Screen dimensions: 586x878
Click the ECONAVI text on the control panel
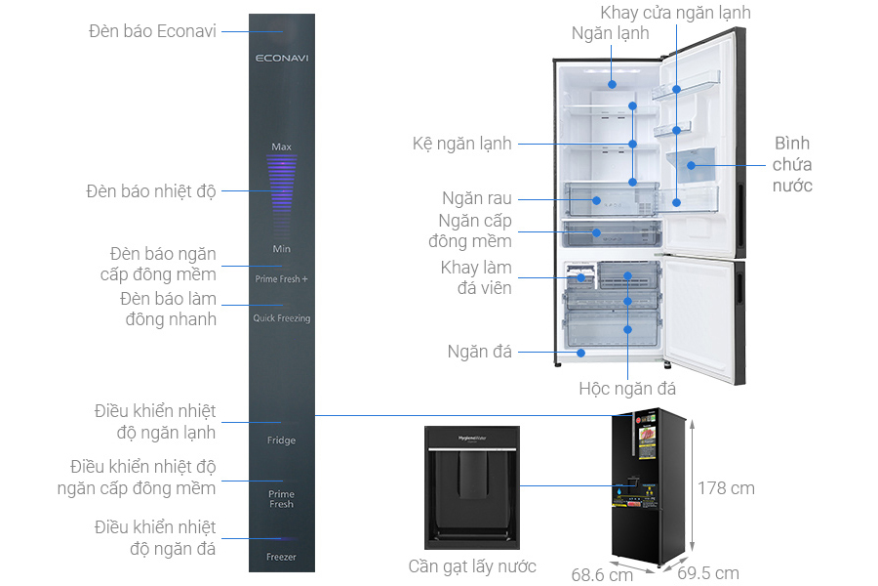click(x=281, y=59)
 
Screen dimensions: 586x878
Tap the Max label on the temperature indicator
click(x=281, y=147)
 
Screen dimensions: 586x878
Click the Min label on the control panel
click(x=281, y=249)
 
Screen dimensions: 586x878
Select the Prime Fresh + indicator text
click(x=281, y=279)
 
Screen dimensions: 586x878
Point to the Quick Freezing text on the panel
click(x=281, y=318)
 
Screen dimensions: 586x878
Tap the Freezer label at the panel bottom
click(x=281, y=557)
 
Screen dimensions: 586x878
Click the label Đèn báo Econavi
click(x=152, y=31)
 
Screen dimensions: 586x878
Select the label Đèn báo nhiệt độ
click(x=151, y=191)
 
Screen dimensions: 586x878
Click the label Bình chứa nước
click(x=792, y=164)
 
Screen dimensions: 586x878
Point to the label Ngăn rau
click(x=477, y=199)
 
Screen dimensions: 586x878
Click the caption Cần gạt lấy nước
click(x=472, y=566)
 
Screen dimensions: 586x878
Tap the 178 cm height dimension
click(x=726, y=488)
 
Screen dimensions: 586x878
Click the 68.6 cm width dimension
click(x=602, y=574)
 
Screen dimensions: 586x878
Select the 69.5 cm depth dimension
click(x=708, y=573)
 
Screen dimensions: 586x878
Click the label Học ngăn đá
click(x=627, y=389)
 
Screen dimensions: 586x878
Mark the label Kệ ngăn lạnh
click(x=461, y=144)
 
